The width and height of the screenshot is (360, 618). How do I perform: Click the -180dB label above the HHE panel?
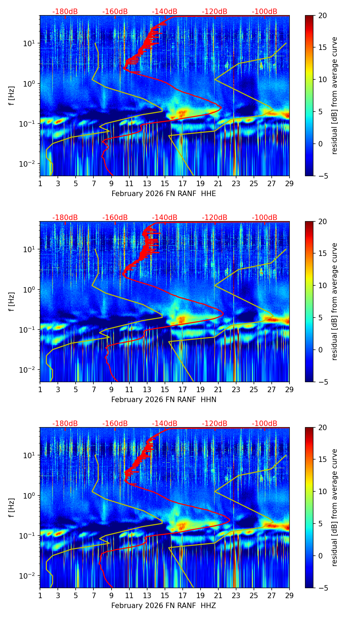(x=65, y=12)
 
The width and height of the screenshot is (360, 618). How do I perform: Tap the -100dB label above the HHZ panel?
(x=265, y=424)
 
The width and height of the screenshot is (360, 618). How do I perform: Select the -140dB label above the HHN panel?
(x=165, y=218)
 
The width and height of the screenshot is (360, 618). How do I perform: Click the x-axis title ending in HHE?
(x=164, y=194)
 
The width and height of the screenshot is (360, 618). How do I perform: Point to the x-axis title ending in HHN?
(x=164, y=400)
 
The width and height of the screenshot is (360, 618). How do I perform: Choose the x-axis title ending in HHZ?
(x=164, y=606)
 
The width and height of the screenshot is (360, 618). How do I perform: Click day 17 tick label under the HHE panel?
(x=183, y=183)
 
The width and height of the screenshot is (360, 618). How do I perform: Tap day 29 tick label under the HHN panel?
(x=289, y=389)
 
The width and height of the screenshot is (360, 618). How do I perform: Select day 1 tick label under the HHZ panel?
(x=40, y=595)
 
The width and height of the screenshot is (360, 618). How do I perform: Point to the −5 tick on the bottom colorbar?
(x=321, y=588)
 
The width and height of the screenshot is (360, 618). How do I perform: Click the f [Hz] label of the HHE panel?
(x=12, y=96)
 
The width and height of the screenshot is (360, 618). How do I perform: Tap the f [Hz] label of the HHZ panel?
(x=12, y=508)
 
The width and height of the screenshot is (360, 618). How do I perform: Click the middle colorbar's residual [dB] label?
(x=335, y=301)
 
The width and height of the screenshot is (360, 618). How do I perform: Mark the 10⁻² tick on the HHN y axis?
(x=29, y=370)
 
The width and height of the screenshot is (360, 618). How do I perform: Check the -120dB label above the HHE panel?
(x=215, y=12)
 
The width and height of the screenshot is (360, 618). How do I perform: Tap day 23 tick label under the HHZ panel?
(x=236, y=595)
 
